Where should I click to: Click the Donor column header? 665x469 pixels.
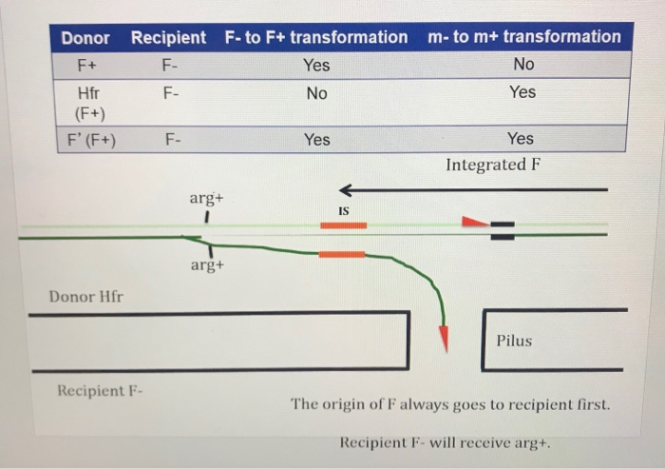click(x=85, y=38)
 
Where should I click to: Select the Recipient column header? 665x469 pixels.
click(x=168, y=38)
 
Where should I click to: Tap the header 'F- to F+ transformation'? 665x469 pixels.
click(x=316, y=38)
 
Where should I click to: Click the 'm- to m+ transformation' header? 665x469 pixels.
click(x=523, y=37)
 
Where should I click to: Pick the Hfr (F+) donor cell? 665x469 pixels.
click(x=91, y=102)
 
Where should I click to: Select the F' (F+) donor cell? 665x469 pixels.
click(x=90, y=140)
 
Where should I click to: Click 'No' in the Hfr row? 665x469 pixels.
click(x=316, y=94)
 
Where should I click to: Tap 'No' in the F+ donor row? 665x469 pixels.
click(x=522, y=65)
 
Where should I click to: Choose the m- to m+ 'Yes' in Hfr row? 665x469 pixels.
click(x=522, y=92)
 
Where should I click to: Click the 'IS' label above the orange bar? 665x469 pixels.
click(x=344, y=210)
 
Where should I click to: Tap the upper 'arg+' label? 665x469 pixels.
click(x=205, y=198)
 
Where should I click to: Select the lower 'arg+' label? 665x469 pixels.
click(x=206, y=265)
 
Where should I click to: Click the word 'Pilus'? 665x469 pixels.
click(x=514, y=341)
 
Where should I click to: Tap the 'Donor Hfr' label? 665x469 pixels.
click(x=85, y=297)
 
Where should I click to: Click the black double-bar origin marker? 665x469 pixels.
click(x=502, y=230)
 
